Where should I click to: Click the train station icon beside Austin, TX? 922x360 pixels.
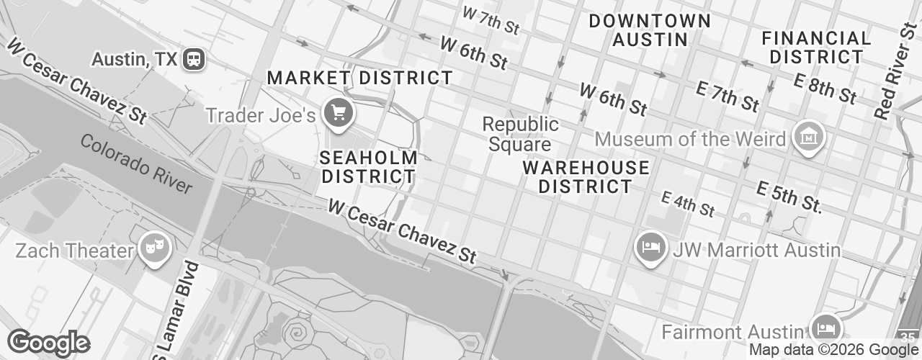click(x=194, y=60)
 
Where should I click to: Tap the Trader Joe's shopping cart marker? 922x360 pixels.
click(x=339, y=112)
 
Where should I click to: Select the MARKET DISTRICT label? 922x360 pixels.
click(x=360, y=78)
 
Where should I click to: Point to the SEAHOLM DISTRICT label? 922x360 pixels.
click(x=369, y=166)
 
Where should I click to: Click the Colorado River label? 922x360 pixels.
click(x=136, y=163)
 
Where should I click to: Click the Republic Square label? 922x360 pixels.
click(x=521, y=134)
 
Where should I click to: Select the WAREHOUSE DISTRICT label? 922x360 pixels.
click(x=586, y=177)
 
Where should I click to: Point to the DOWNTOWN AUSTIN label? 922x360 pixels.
click(x=650, y=30)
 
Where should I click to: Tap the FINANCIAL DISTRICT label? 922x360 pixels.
click(x=816, y=47)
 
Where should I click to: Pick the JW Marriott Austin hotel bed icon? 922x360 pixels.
click(x=651, y=247)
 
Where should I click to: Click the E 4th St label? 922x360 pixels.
click(x=688, y=204)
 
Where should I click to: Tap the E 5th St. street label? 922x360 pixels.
click(x=789, y=197)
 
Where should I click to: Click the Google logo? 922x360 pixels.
click(x=48, y=343)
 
